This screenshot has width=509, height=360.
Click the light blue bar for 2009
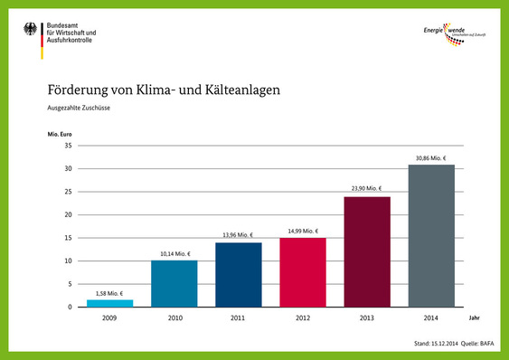(109, 303)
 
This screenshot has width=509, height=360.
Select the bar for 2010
(174, 284)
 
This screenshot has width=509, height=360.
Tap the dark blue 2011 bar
(238, 275)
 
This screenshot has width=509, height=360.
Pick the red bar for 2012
(302, 272)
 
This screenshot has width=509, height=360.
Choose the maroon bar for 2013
(366, 252)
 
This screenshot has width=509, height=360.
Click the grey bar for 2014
(430, 236)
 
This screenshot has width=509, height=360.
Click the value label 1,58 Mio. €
(110, 293)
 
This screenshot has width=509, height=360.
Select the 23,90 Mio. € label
(366, 190)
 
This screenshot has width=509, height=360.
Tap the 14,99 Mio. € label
(302, 232)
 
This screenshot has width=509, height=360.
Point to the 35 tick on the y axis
(68, 146)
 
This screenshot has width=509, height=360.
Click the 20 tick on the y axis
(68, 215)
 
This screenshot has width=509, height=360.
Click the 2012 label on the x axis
(302, 318)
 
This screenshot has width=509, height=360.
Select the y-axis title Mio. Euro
(61, 135)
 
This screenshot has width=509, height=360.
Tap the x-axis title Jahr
(474, 318)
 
